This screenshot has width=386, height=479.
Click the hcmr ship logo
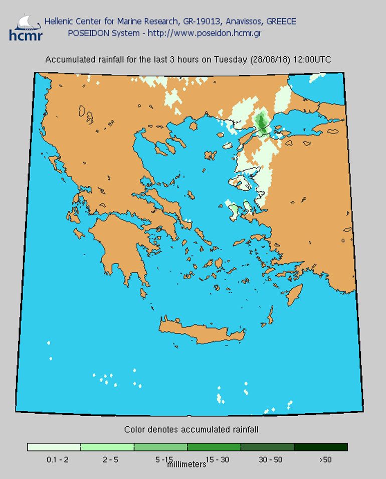click(x=26, y=28)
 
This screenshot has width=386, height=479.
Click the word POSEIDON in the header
click(x=87, y=33)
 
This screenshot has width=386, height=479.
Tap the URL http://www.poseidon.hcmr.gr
click(x=209, y=33)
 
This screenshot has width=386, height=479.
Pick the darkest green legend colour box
click(x=320, y=447)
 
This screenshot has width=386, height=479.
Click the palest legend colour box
click(x=54, y=447)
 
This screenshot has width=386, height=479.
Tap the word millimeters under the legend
click(x=186, y=464)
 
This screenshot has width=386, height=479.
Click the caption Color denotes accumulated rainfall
click(x=191, y=430)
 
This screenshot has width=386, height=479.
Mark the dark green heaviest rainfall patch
click(x=261, y=122)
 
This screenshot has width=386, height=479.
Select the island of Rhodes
click(x=295, y=294)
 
